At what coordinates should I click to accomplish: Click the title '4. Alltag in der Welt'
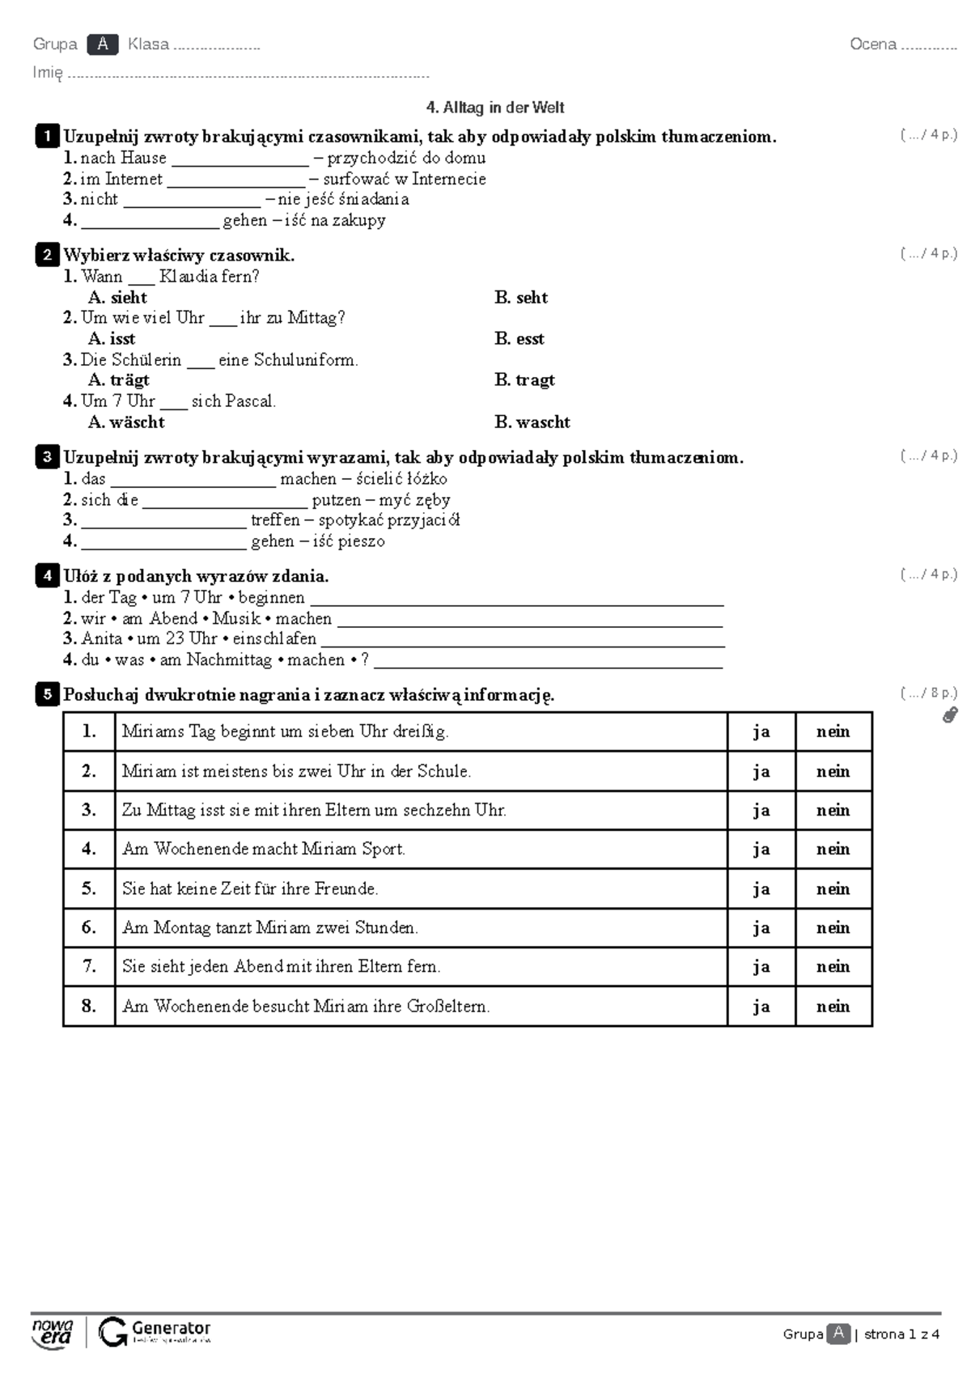(x=494, y=108)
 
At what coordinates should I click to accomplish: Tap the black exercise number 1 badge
(x=47, y=136)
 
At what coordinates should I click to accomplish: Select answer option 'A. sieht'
(x=118, y=298)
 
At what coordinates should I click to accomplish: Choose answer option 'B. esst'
(x=519, y=339)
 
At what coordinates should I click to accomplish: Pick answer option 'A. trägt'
(x=119, y=380)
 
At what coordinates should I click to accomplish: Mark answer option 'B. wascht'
(x=532, y=422)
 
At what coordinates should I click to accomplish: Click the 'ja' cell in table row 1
(x=761, y=732)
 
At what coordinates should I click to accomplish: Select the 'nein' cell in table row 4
(x=833, y=849)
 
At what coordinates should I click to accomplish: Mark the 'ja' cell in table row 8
(x=761, y=1007)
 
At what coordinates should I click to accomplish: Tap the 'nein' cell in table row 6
(x=833, y=927)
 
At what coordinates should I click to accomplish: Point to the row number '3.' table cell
(x=89, y=810)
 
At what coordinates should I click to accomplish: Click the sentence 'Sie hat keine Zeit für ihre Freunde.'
(x=250, y=888)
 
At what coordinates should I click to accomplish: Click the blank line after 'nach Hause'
(x=240, y=160)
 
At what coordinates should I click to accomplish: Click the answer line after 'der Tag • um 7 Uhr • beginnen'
(x=516, y=600)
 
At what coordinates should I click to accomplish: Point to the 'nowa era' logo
(x=52, y=1332)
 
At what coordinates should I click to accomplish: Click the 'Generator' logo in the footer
(x=155, y=1332)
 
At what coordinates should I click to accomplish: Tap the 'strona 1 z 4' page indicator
(x=901, y=1334)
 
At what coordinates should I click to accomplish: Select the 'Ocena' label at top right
(x=872, y=45)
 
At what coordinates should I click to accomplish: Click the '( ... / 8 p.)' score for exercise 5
(x=928, y=693)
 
